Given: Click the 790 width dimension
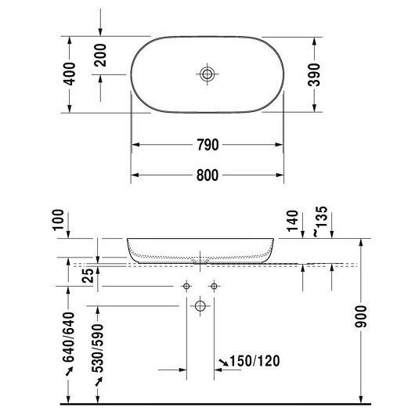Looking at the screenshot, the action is pos(207,145).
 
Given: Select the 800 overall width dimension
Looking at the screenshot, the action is pos(207,175).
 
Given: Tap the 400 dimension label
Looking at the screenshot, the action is pos(70,74).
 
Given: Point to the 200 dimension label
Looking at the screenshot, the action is pos(100,55).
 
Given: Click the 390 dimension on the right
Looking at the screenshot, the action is pos(314,75).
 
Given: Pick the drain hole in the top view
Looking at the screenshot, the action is pos(207,74).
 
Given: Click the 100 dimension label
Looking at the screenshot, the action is pos(59,220).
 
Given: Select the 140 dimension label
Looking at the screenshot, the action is pos(293,221).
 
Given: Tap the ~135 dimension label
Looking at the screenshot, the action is pos(321,222).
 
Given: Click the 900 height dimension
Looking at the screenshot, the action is pos(361,316).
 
